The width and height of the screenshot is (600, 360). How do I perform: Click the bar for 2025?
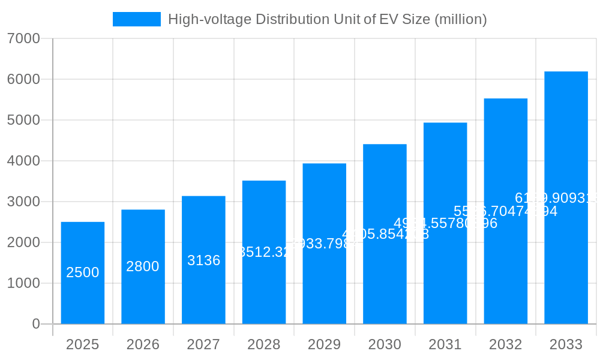point(83,273)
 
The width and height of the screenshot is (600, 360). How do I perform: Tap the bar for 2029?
point(324,244)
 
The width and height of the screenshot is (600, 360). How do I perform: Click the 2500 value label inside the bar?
point(83,272)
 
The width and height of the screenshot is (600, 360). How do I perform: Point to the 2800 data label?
point(143,266)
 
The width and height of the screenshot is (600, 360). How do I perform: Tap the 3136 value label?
point(203,260)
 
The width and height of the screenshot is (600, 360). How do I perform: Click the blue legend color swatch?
point(137,19)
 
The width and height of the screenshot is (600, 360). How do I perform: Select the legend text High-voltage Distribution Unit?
point(327,19)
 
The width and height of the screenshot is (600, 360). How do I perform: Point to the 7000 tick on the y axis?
point(23,38)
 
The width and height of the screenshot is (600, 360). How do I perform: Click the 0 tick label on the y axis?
point(35,324)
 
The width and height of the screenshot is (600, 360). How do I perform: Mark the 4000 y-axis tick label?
point(23,161)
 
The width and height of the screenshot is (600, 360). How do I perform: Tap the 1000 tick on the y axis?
point(23,283)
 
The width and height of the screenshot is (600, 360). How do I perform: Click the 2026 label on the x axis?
point(143,344)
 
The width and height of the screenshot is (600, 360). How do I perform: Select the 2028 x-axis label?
point(264,344)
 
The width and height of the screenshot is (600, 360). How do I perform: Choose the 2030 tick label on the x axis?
point(385,344)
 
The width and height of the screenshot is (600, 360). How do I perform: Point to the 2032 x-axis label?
point(505,344)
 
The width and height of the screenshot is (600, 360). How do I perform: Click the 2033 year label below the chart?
point(566,344)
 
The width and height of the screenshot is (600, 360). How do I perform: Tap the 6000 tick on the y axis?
point(23,79)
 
